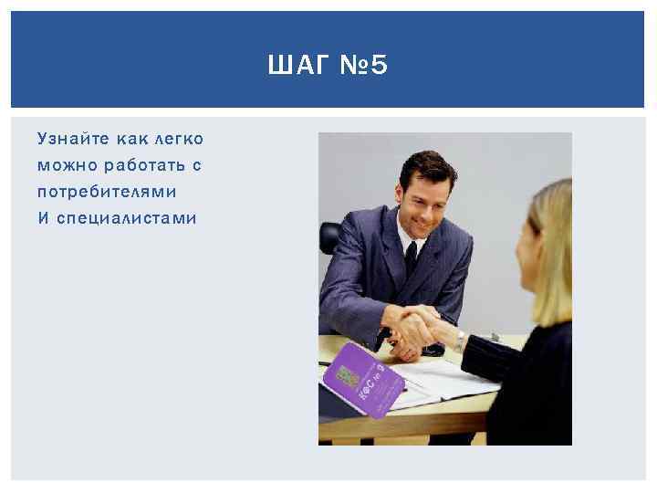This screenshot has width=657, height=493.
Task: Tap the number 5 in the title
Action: pos(379,66)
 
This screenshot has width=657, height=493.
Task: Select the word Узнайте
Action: pos(69,139)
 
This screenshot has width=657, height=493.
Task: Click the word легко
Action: pos(179,139)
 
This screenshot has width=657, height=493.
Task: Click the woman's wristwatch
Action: pos(460,341)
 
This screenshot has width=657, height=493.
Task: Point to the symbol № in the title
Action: pos(350,66)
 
